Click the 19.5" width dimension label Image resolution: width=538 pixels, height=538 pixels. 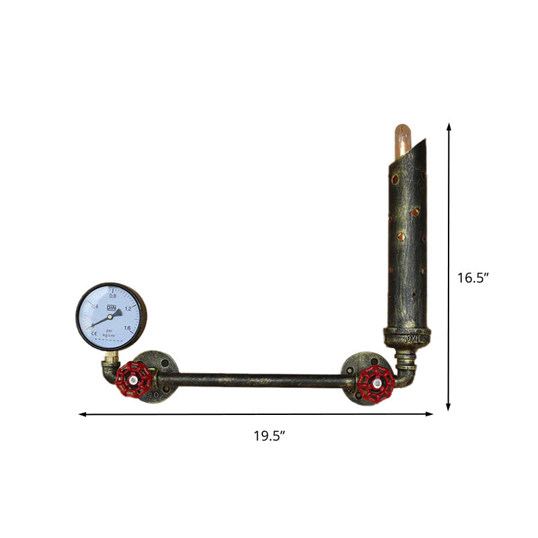click(x=269, y=435)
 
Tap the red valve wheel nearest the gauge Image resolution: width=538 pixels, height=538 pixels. click(x=137, y=380)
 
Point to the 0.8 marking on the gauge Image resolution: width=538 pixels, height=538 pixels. click(x=113, y=295)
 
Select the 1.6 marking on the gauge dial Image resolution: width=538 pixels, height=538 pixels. click(x=126, y=328)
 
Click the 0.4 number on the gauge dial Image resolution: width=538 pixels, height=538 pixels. click(x=95, y=307)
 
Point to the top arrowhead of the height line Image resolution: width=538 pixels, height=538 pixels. click(x=449, y=125)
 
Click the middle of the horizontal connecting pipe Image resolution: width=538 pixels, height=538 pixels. click(x=256, y=381)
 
